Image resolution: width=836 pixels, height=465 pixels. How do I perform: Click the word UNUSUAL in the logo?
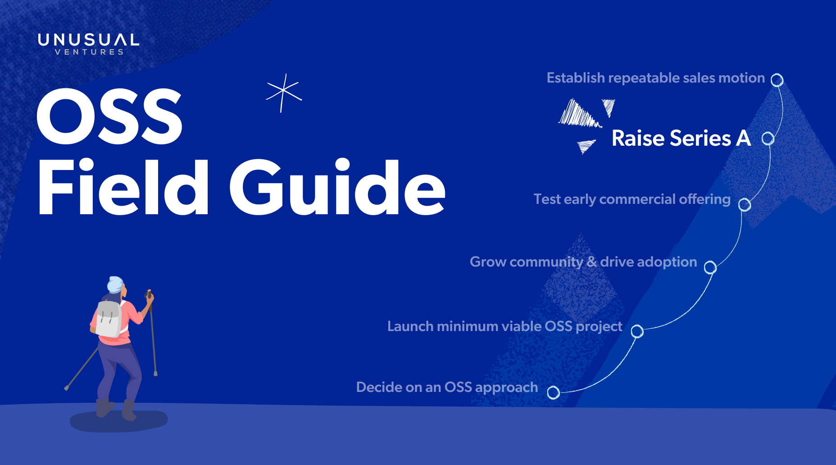[x=89, y=40]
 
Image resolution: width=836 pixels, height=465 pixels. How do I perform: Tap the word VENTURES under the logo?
[x=89, y=52]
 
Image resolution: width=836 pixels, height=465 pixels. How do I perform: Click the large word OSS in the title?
[x=109, y=116]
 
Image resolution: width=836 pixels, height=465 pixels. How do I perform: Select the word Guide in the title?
[x=337, y=187]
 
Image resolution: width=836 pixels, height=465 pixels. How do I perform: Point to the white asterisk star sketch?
[x=284, y=93]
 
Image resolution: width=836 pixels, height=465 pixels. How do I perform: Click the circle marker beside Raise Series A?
[x=768, y=138]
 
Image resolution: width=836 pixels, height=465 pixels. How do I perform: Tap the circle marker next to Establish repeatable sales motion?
[x=777, y=80]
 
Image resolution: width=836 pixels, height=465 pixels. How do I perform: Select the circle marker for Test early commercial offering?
[x=745, y=205]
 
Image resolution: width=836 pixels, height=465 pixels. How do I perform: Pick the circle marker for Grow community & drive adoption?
[x=710, y=267]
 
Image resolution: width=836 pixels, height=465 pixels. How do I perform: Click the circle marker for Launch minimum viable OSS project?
[x=637, y=331]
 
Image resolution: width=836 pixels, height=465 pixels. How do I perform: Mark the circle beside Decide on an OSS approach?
[x=554, y=393]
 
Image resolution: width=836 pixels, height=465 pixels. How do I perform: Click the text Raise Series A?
[x=681, y=138]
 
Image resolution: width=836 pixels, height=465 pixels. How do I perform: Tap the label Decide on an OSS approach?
[x=447, y=387]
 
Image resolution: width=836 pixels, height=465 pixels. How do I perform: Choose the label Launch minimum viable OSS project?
[x=504, y=327]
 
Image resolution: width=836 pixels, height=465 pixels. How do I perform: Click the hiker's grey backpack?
[x=109, y=319]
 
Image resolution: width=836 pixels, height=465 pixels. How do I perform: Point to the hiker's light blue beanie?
[x=115, y=284]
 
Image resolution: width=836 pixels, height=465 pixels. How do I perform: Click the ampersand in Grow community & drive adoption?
[x=591, y=262]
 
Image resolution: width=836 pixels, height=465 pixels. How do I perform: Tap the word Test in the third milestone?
[x=547, y=199]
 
